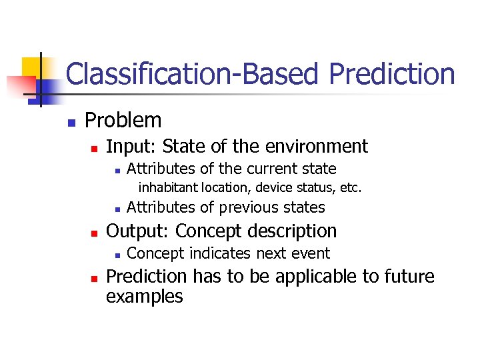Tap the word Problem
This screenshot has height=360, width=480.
[x=123, y=121]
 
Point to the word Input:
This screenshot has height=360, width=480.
[x=131, y=146]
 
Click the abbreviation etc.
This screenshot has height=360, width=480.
[x=351, y=188]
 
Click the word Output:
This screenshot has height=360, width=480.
[x=137, y=231]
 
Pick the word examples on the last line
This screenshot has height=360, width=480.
[x=144, y=296]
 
